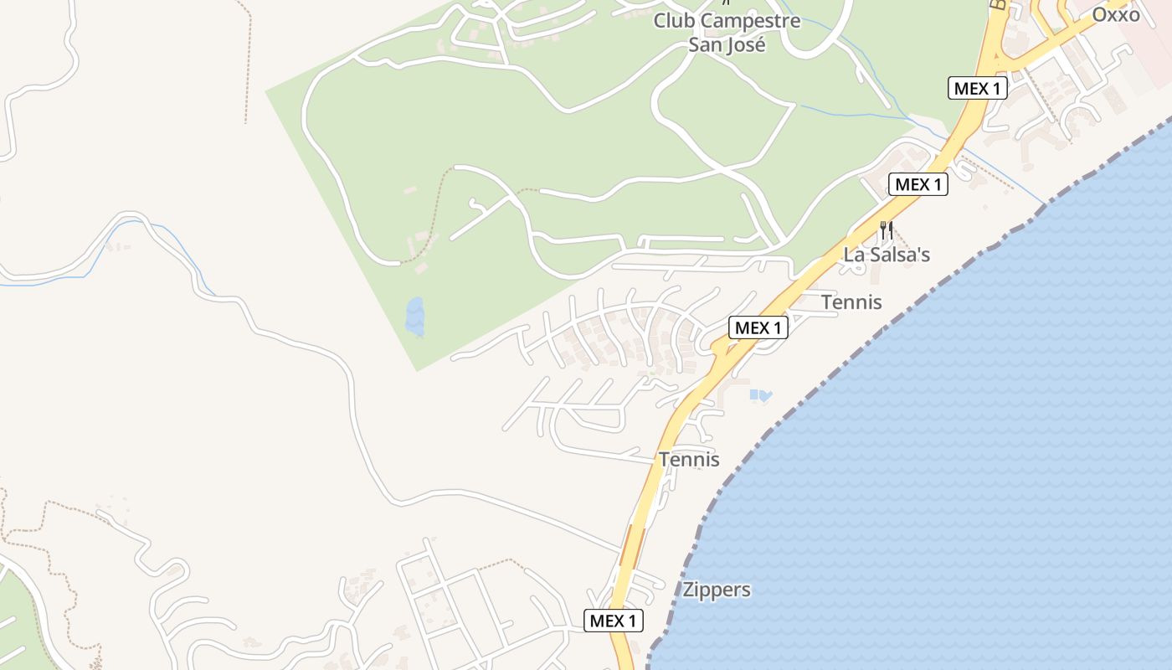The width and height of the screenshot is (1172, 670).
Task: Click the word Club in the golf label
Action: [x=675, y=21]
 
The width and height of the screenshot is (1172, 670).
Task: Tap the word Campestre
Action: [x=750, y=21]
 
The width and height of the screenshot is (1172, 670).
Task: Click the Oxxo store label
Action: [x=1116, y=14]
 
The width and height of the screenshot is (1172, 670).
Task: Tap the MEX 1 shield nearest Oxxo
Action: [x=977, y=88]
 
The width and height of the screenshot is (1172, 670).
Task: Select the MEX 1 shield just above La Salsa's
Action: [x=918, y=184]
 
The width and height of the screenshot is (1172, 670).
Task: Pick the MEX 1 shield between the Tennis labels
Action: [x=758, y=327]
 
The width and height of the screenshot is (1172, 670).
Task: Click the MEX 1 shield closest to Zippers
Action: [x=614, y=621]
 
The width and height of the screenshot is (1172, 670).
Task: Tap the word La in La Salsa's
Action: [x=855, y=255]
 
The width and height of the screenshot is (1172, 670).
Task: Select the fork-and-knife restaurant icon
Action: [x=886, y=229]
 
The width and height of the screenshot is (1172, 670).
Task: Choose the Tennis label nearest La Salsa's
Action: [x=851, y=302]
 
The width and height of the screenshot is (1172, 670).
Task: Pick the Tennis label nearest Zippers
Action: [x=689, y=460]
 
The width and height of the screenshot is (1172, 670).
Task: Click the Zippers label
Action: [x=717, y=590]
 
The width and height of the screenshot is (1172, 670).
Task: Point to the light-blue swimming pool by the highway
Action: [x=760, y=394]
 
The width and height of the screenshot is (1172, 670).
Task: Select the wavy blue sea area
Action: [x=963, y=461]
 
